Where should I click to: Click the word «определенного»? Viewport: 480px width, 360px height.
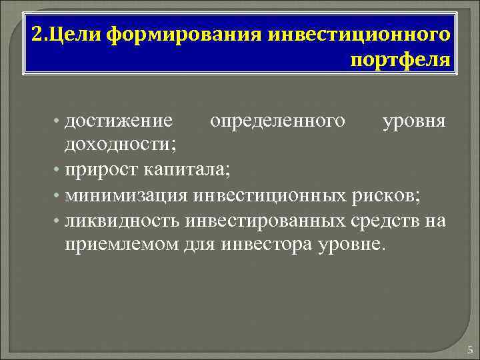278,121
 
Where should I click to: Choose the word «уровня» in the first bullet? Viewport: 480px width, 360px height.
415,121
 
